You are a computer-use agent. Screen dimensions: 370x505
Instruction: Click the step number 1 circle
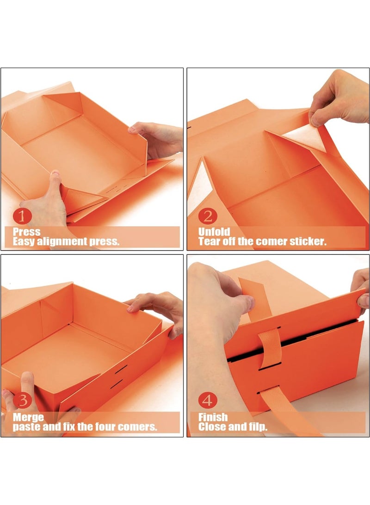pyautogui.click(x=22, y=216)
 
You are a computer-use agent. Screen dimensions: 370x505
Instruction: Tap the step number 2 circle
pyautogui.click(x=208, y=216)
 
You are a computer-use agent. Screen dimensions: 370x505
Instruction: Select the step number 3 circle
pyautogui.click(x=22, y=401)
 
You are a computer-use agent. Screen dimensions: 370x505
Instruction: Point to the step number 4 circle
pyautogui.click(x=208, y=401)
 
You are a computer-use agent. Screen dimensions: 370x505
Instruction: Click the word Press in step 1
pyautogui.click(x=27, y=232)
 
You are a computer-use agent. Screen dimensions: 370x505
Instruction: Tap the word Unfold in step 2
pyautogui.click(x=214, y=232)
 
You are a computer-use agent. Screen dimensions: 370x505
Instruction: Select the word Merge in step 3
pyautogui.click(x=28, y=418)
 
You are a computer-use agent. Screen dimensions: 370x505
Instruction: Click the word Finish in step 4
pyautogui.click(x=213, y=418)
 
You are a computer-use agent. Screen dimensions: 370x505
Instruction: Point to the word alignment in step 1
pyautogui.click(x=62, y=241)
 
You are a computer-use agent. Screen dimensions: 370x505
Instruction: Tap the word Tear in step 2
pyautogui.click(x=209, y=241)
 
